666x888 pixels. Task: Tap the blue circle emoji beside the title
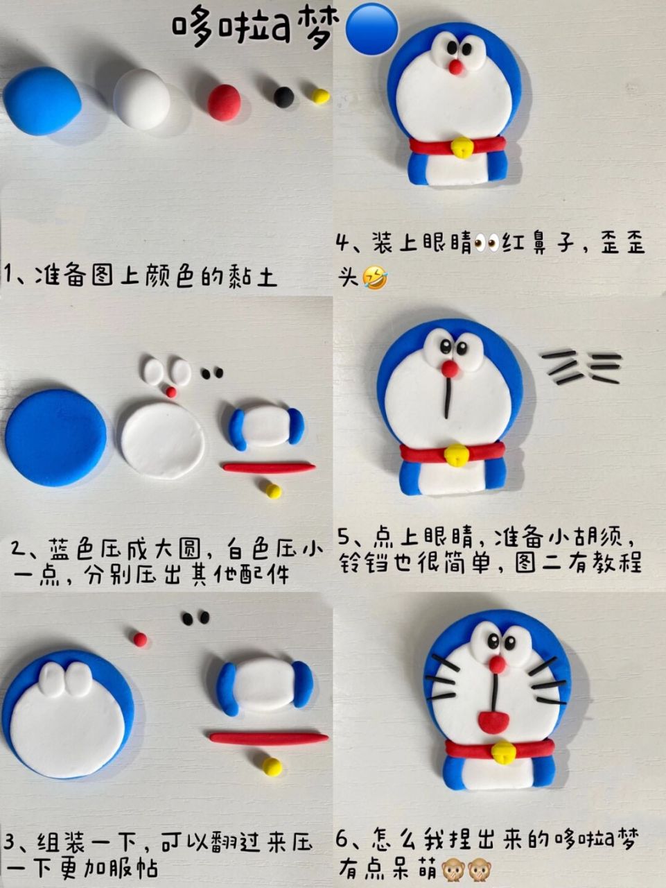click(x=371, y=29)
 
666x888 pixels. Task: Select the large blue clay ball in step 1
click(x=42, y=101)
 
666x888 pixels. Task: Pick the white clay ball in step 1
click(x=142, y=99)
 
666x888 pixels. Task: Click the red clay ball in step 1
click(x=225, y=103)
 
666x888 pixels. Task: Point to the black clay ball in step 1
click(x=283, y=96)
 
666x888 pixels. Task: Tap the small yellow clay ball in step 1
click(x=319, y=96)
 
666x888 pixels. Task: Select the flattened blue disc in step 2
click(x=56, y=437)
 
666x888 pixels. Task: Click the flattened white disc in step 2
click(x=163, y=441)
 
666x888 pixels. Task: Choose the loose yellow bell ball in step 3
click(x=272, y=766)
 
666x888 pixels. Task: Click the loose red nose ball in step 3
click(x=141, y=639)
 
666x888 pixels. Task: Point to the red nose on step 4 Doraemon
click(x=455, y=67)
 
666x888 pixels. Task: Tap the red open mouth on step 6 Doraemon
click(x=493, y=721)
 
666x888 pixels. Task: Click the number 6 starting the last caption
click(x=342, y=841)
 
